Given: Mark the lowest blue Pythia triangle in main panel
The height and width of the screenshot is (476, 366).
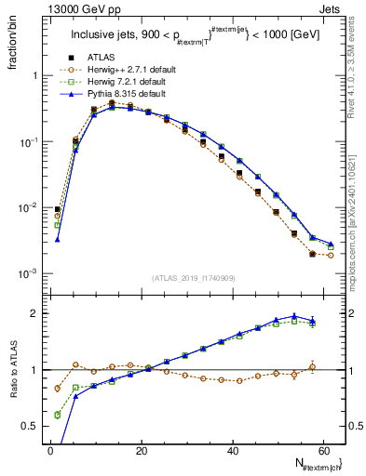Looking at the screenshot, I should click(58, 239).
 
